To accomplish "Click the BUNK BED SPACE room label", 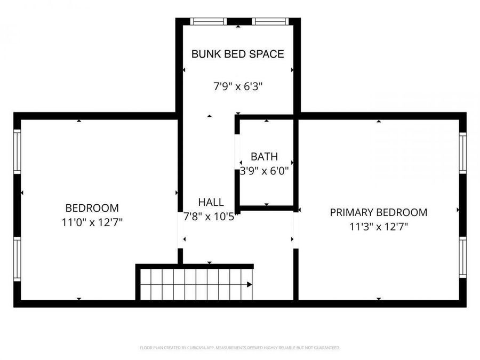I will click(237, 54).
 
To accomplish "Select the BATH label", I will click(265, 157).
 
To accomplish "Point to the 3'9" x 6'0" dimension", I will click(265, 171).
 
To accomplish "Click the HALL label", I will click(211, 203).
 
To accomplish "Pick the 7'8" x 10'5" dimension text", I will click(211, 217).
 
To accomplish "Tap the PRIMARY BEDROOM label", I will click(378, 212).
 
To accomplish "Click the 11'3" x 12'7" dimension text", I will click(378, 227).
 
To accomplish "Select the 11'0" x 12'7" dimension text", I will click(92, 222).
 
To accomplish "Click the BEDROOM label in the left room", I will click(92, 208).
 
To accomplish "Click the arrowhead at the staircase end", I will click(250, 284).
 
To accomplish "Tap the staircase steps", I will click(192, 284).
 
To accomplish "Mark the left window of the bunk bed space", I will click(209, 22).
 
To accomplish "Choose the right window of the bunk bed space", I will click(270, 22).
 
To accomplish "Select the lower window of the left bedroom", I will click(17, 259).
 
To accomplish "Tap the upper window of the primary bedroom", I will click(462, 153).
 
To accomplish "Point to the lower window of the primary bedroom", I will click(462, 257).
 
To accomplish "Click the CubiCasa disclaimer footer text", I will click(239, 348).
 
